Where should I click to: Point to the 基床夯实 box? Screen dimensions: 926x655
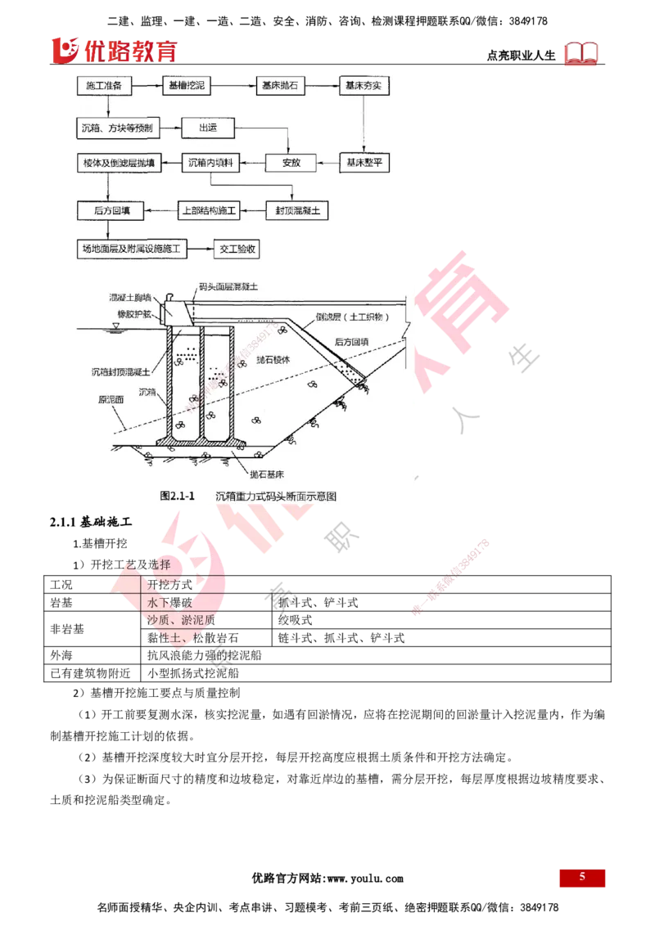point(364,85)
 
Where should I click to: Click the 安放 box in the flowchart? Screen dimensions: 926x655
point(291,163)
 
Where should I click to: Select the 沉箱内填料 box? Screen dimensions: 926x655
point(211,164)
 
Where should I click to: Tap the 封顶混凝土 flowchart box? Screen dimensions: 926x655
point(298,210)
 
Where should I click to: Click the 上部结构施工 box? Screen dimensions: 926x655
point(208,210)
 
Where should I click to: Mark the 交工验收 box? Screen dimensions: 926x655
point(237,248)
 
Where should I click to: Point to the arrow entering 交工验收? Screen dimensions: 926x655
point(201,248)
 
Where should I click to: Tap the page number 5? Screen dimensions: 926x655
point(582,877)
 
